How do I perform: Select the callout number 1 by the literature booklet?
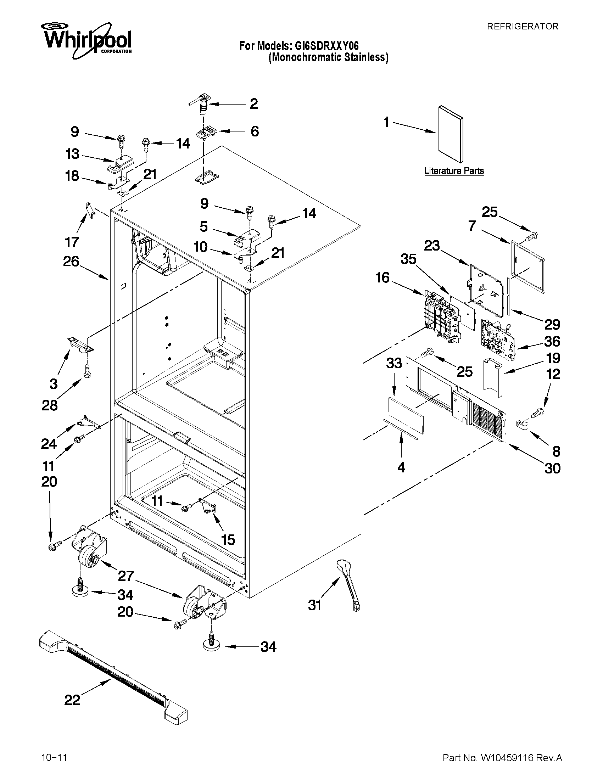click(386, 123)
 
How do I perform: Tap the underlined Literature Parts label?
click(454, 171)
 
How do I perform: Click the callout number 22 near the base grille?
click(72, 700)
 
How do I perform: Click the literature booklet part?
click(451, 133)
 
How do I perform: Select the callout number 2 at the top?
click(253, 104)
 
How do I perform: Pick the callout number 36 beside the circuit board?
click(552, 341)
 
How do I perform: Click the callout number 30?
click(552, 468)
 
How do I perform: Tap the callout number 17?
click(72, 242)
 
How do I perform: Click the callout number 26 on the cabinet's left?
click(71, 262)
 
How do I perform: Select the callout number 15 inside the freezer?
click(228, 540)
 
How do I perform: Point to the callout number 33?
click(394, 364)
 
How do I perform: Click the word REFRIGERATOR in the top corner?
click(523, 27)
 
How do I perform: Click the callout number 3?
click(54, 384)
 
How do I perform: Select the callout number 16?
click(383, 278)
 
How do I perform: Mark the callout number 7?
click(472, 225)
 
